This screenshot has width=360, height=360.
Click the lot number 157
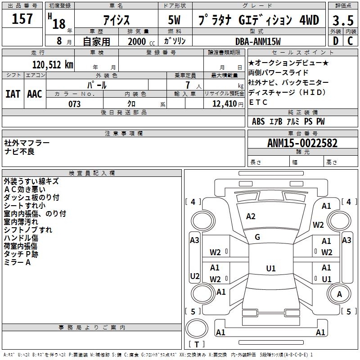(22, 19)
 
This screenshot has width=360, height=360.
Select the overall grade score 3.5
(343, 20)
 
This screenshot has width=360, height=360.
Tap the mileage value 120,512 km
(53, 65)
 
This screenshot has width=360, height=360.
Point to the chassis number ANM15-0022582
(302, 143)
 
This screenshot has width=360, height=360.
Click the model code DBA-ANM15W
(258, 41)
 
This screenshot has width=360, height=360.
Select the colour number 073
(74, 104)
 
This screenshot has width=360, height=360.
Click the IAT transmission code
(13, 94)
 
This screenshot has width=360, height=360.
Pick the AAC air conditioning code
(35, 94)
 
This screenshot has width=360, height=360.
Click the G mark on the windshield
(257, 237)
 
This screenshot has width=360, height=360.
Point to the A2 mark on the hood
(251, 216)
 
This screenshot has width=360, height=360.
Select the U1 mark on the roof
(271, 268)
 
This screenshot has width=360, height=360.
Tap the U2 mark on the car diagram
(195, 276)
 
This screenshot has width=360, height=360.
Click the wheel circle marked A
(339, 294)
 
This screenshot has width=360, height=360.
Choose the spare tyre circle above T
(197, 328)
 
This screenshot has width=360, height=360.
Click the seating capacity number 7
(188, 85)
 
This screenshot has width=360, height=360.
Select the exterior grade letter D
(336, 41)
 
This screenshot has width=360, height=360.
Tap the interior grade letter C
(350, 41)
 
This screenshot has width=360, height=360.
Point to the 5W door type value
(174, 20)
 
